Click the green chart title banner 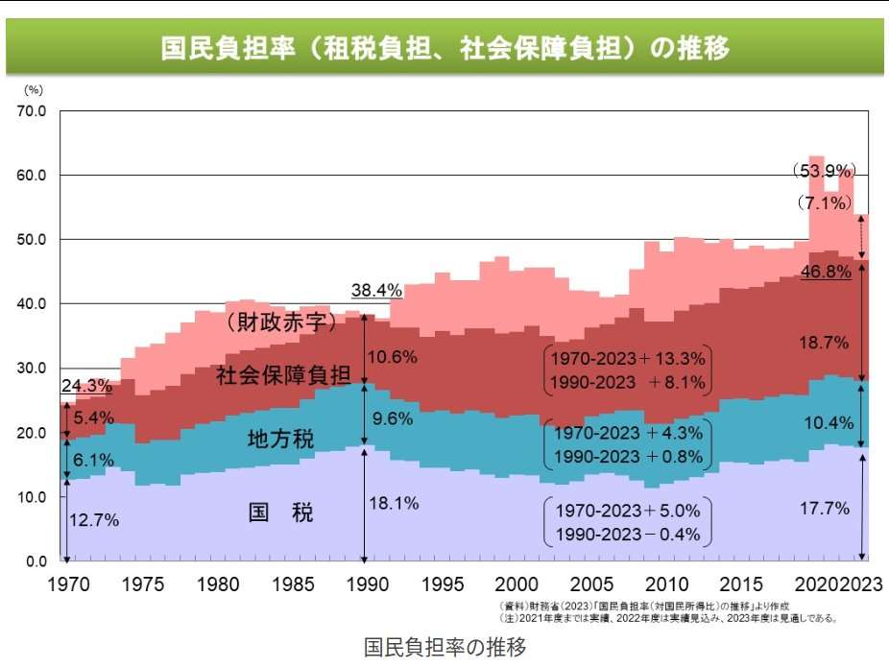coord(444,48)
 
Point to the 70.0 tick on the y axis coord(31,111)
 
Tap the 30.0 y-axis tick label coord(31,369)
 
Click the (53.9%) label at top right coord(824,171)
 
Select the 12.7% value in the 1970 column coord(94,520)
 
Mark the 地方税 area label coord(280,441)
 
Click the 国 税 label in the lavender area coord(280,512)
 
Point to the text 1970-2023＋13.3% coord(628,359)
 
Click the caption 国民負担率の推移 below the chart coord(444,648)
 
